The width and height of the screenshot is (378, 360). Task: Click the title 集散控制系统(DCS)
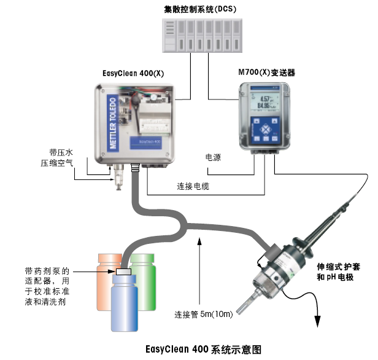(200, 9)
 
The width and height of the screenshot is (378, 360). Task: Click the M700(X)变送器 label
(266, 73)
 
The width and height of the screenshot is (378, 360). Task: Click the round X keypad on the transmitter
(265, 130)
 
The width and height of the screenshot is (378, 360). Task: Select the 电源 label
(213, 158)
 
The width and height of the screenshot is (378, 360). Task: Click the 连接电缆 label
(193, 186)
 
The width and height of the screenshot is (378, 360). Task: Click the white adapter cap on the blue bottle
(123, 272)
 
